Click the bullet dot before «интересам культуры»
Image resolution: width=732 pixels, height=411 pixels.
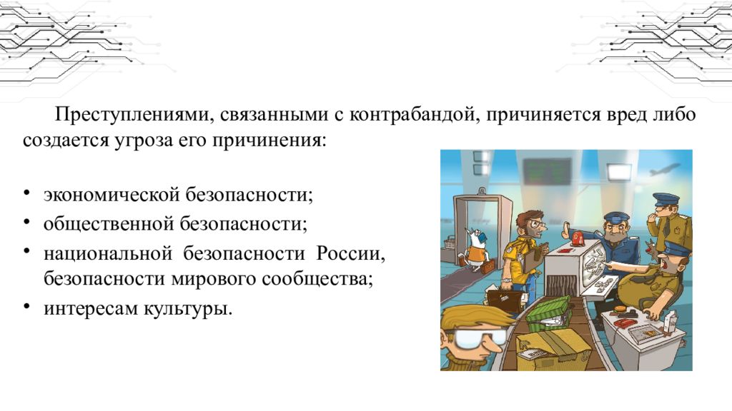26,309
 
